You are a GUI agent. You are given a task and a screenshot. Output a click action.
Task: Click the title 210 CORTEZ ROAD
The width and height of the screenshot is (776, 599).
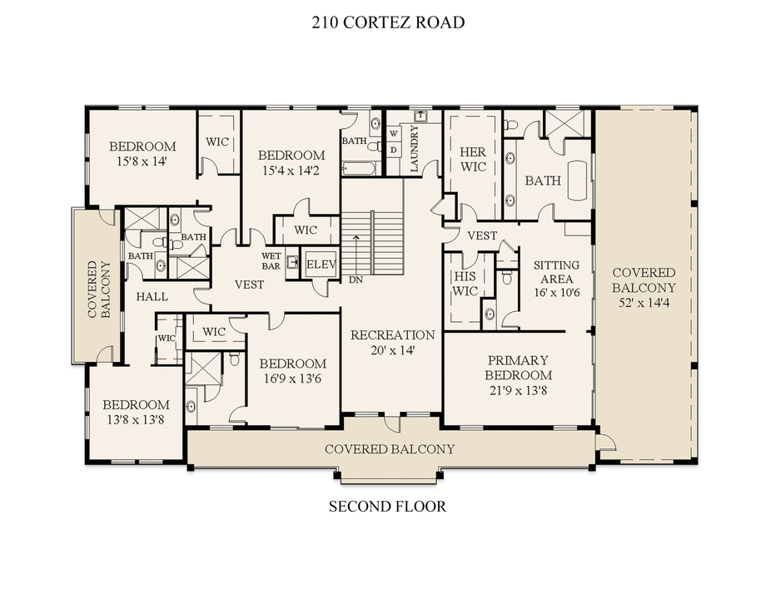coord(388,22)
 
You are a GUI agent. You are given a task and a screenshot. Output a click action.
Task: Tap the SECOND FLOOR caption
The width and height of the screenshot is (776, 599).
coord(387,507)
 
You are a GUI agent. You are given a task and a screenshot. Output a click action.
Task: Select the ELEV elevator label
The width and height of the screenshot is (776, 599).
coord(321,264)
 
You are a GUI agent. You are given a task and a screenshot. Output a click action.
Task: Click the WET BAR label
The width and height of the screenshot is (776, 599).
coord(271,261)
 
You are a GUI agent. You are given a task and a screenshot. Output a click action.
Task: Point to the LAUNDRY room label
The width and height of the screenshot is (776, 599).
coord(415,148)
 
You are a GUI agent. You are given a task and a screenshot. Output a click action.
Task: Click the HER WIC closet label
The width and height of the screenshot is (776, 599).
coord(473,159)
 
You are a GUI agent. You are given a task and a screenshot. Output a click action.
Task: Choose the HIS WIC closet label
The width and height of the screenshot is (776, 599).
coord(465,284)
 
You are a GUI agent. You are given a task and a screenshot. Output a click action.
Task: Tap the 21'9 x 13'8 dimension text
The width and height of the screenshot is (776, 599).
coord(518,391)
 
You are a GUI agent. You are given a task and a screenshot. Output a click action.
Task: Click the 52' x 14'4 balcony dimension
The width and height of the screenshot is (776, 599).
coord(644,303)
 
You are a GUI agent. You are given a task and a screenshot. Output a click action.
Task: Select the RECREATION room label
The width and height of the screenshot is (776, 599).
coord(392,335)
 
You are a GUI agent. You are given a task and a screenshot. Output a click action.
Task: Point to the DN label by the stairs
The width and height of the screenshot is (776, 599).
coord(356,280)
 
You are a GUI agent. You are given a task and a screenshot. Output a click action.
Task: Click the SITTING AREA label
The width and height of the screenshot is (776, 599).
coord(557,272)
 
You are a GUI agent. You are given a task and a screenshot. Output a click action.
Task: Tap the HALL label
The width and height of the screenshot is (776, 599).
coord(152,297)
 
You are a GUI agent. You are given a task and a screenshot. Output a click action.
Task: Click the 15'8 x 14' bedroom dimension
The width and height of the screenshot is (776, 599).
coord(142,161)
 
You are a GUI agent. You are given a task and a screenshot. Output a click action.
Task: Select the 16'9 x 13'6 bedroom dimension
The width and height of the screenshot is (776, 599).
coord(293,379)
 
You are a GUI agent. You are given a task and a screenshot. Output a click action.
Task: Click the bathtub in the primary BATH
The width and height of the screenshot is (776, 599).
coord(577,181)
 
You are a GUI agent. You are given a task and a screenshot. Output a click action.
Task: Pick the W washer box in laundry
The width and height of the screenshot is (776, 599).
coord(394,134)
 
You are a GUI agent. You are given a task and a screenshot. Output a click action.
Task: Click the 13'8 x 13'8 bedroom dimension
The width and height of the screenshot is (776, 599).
coord(136,420)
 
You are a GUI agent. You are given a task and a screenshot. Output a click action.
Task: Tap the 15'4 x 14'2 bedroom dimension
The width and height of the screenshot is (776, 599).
coord(291,171)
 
